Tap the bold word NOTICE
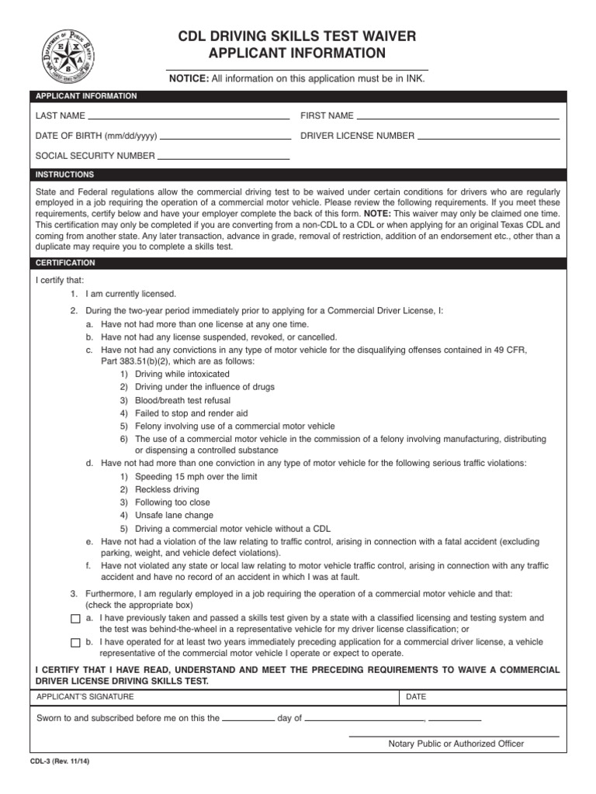[189, 78]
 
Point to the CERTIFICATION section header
[65, 263]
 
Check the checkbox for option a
[75, 619]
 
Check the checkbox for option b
[75, 643]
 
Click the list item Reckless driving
[167, 489]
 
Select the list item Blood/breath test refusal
[185, 400]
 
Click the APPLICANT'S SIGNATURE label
[85, 696]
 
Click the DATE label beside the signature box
[416, 696]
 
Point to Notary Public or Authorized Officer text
[456, 744]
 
